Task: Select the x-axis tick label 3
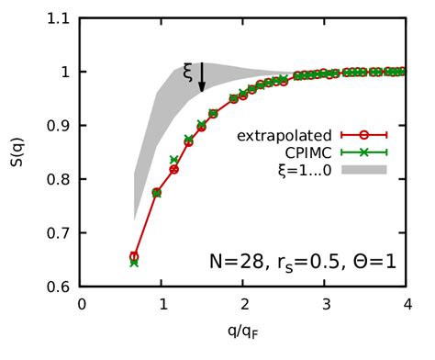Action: [324, 305]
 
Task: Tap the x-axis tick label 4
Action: [405, 305]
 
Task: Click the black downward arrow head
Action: [202, 89]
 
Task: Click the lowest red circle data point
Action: [134, 257]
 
